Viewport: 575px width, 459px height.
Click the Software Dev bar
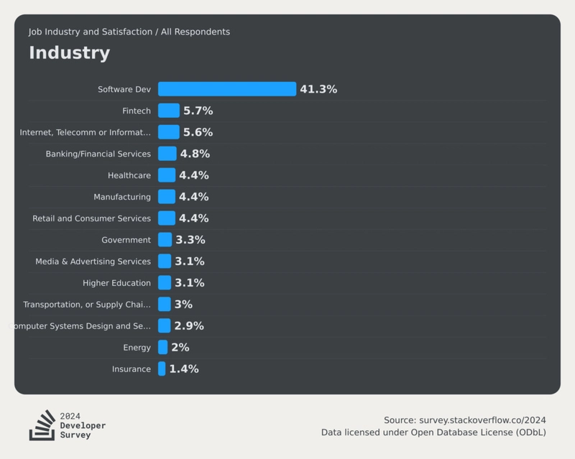[x=227, y=89]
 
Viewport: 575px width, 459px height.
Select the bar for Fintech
[x=169, y=111]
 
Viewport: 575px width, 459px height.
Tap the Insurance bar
[x=162, y=369]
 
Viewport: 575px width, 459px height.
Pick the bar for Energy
[x=163, y=348]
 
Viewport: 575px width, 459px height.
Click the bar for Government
[x=165, y=240]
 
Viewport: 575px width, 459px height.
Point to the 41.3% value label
[x=318, y=89]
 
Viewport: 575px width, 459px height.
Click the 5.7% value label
[x=198, y=111]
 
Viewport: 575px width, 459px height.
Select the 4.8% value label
[x=195, y=154]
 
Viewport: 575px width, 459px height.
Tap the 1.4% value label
[x=184, y=369]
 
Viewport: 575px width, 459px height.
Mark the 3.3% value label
[x=190, y=240]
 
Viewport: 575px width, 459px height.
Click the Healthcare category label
[x=129, y=175]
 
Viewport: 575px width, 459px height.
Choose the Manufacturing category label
[x=122, y=197]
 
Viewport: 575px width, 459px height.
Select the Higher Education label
[x=116, y=283]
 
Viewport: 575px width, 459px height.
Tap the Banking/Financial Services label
[x=98, y=154]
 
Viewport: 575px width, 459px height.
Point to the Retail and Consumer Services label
[x=92, y=218]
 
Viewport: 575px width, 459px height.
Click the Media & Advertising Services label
[x=93, y=261]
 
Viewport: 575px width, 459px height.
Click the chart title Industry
[x=70, y=52]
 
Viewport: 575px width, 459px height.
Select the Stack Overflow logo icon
[x=42, y=425]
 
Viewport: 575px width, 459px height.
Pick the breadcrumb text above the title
[x=129, y=32]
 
